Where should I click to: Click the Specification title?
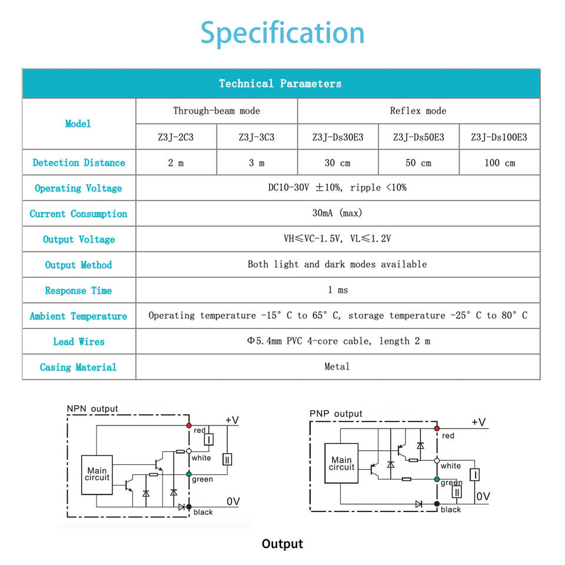pos(282,33)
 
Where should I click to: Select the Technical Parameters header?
pos(280,84)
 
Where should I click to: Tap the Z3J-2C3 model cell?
pos(175,137)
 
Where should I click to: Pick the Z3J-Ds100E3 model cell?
pos(499,137)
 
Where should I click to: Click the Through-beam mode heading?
pos(216,111)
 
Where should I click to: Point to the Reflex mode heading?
pos(418,111)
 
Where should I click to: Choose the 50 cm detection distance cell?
pos(418,162)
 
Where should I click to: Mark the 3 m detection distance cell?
pos(257,162)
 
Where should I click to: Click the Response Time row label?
pos(78,291)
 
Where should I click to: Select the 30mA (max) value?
pos(337,213)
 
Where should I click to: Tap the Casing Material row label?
pos(78,367)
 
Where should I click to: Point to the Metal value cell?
pos(337,367)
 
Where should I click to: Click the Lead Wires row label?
pos(78,341)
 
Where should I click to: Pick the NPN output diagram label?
pos(92,408)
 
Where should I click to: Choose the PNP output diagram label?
pos(336,414)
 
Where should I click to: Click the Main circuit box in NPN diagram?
pos(97,474)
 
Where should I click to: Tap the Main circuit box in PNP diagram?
pos(341,463)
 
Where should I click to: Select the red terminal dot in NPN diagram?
pos(189,425)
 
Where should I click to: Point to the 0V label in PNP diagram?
pos(483,496)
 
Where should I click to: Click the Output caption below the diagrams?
pos(282,544)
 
